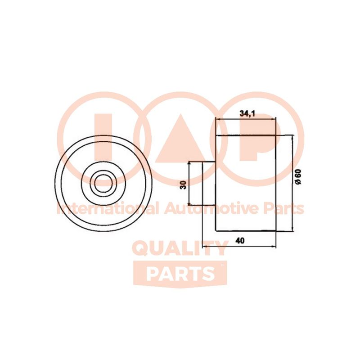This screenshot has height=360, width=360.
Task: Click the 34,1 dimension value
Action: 247,114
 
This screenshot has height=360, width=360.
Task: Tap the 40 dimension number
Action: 240,241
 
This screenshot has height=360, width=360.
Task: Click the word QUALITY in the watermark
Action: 180,249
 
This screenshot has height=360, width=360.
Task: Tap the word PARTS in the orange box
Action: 180,273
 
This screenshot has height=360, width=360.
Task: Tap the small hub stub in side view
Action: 209,183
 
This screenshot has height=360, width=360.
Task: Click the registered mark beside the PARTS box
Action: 222,265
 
